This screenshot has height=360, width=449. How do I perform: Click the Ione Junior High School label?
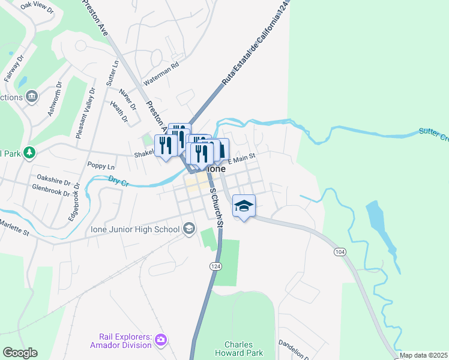tap(135, 229)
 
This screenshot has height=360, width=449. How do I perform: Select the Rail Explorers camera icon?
tap(160, 340)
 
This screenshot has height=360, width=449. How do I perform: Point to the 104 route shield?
tap(340, 253)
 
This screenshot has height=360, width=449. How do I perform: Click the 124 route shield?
tap(214, 265)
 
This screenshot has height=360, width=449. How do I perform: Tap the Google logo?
tap(20, 353)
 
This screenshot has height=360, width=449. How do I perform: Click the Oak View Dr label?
tap(37, 8)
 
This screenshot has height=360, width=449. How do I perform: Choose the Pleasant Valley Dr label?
tap(85, 114)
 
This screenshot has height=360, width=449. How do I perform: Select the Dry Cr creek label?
tap(119, 179)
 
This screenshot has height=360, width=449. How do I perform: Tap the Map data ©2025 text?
tap(423, 355)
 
